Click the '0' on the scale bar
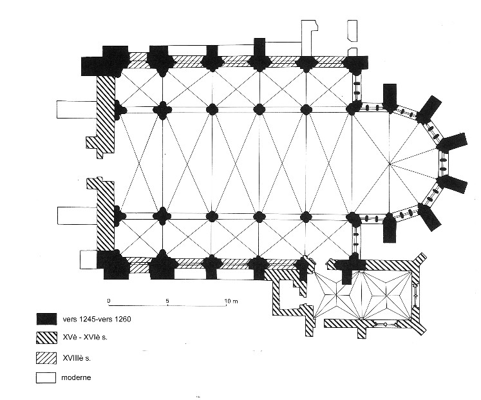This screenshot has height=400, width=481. coord(109,301)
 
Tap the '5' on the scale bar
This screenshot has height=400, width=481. coord(167,301)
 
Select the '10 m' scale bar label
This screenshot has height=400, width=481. coord(231,301)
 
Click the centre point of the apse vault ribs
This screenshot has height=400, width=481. coord(390,164)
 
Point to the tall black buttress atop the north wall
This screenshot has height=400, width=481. coord(259,49)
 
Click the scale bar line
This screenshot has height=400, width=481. coord(167,307)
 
